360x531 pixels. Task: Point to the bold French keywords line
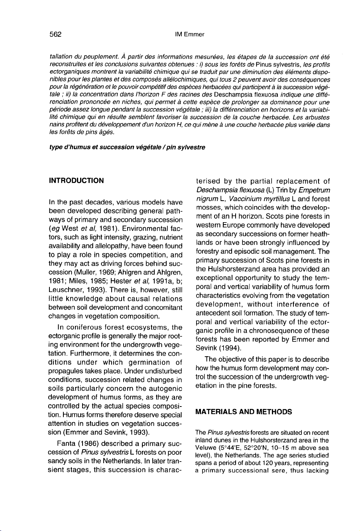pos(127,147)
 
